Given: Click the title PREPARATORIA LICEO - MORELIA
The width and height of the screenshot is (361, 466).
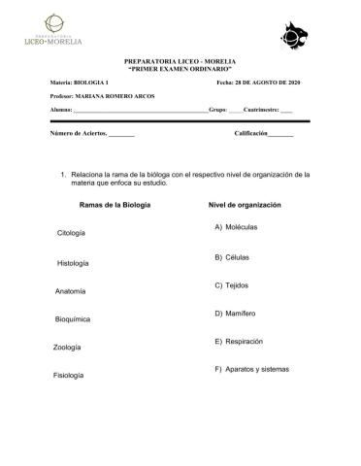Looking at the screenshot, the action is click(x=180, y=61).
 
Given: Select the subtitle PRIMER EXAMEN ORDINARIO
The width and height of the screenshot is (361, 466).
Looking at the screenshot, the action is click(x=180, y=69).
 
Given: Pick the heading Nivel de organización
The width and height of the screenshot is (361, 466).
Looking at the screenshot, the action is click(x=245, y=206).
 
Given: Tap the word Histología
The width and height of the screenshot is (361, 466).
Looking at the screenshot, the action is click(x=74, y=262).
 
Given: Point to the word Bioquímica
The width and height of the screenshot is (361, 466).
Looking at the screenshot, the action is click(x=74, y=318).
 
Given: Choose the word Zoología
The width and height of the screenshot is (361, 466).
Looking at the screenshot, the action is click(x=71, y=347).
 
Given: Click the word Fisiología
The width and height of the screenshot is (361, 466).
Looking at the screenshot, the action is click(x=73, y=375).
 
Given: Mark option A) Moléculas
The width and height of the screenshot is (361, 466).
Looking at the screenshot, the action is click(x=232, y=227).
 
